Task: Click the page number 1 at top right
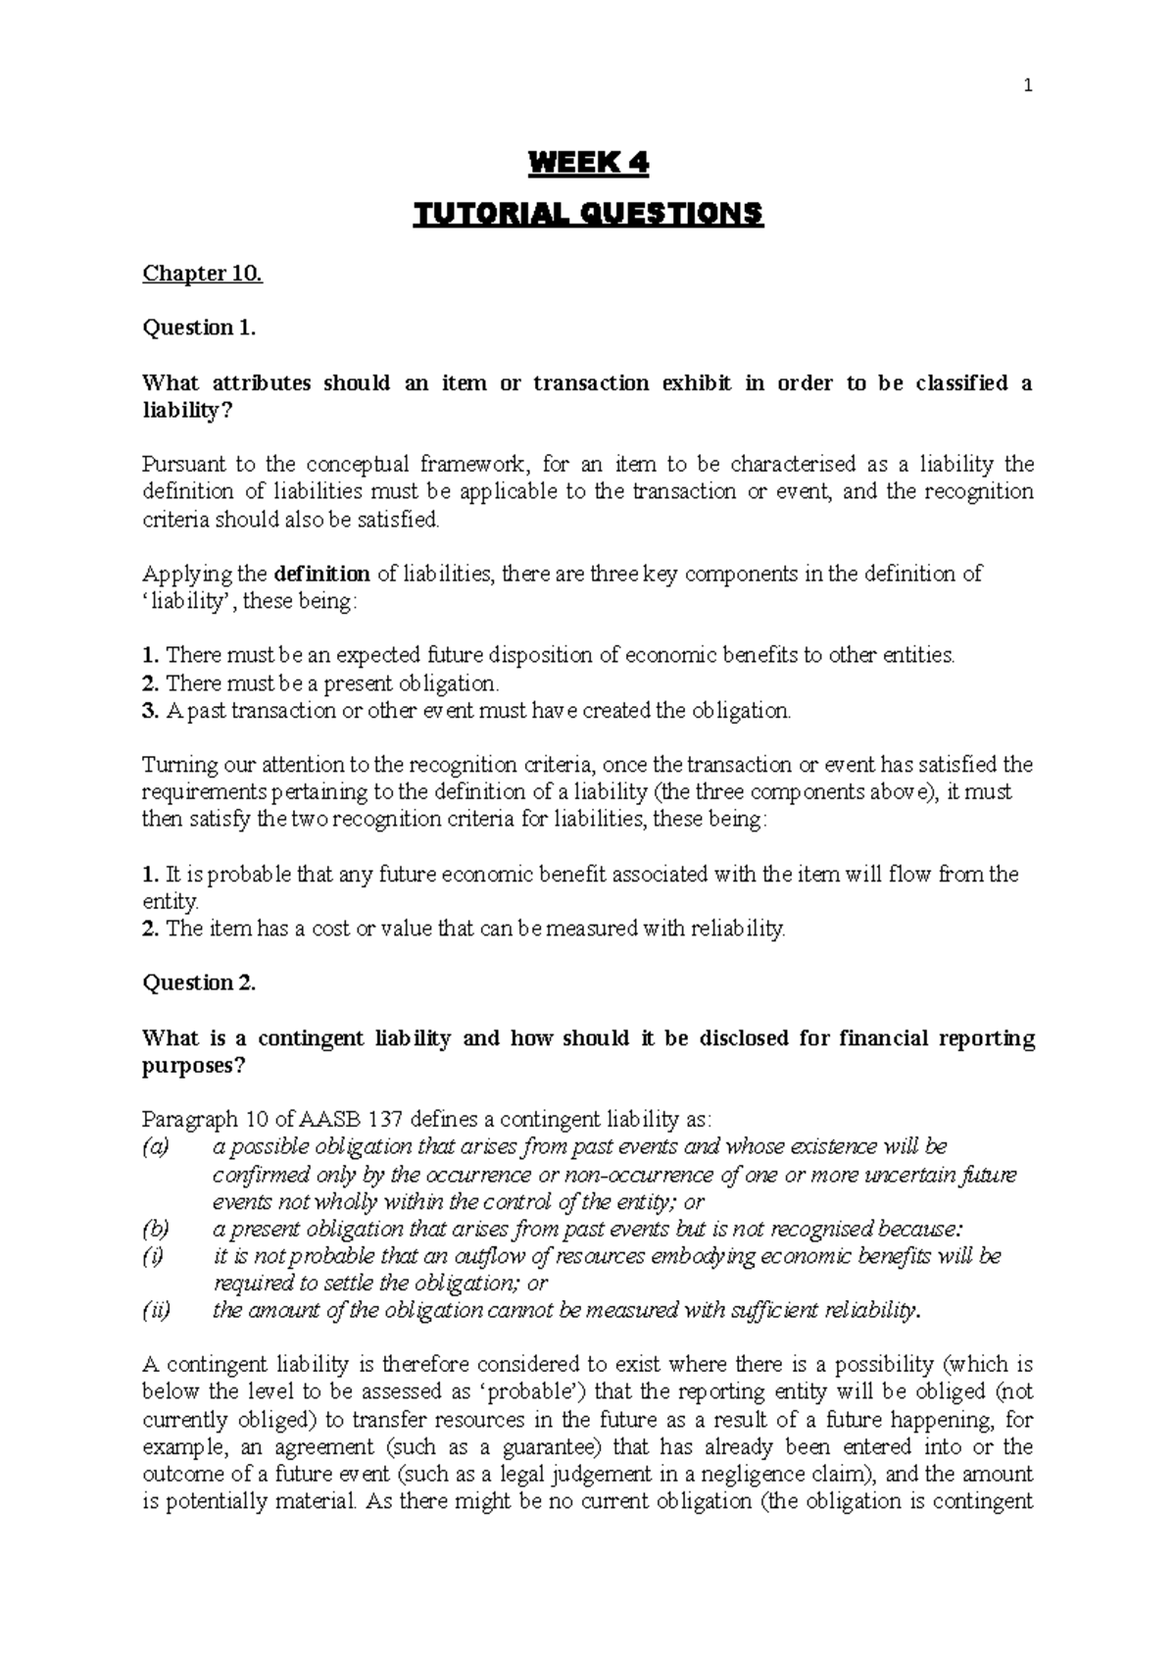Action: point(1027,86)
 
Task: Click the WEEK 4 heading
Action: point(588,163)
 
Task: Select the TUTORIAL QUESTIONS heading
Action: point(588,214)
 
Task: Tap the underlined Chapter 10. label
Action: point(203,274)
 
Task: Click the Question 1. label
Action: point(199,328)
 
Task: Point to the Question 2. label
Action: point(199,983)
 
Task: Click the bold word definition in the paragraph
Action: point(322,574)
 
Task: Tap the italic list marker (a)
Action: point(156,1146)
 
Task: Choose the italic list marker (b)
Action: point(156,1229)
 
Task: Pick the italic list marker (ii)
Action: point(157,1311)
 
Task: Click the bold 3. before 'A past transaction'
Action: point(150,711)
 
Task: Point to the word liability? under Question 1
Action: point(189,410)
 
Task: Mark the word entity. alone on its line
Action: point(171,901)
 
